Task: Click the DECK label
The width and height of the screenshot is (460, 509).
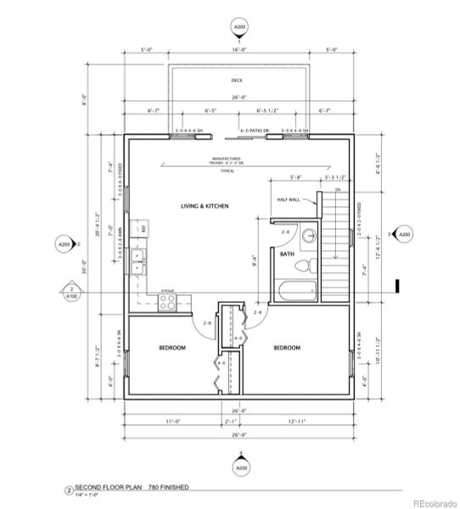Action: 237,81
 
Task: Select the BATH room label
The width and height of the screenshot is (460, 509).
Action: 287,253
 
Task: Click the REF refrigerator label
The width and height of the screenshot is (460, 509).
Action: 143,229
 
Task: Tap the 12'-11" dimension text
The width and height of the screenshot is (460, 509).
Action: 298,421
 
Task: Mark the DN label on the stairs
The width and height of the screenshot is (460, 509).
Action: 337,190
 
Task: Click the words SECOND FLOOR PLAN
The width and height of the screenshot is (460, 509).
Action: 106,488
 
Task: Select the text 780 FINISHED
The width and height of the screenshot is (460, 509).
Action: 166,488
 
